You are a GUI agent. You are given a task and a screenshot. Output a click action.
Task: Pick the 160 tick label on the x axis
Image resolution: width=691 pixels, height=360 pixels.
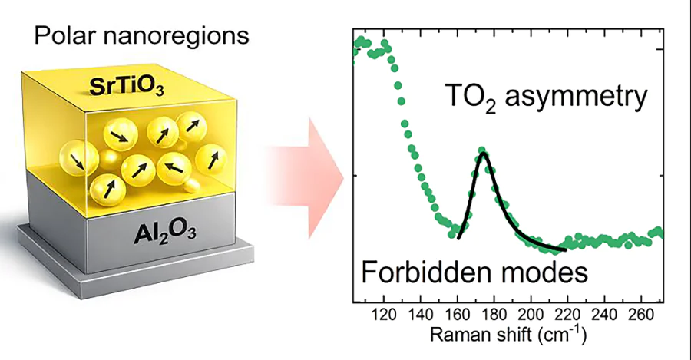coord(456,315)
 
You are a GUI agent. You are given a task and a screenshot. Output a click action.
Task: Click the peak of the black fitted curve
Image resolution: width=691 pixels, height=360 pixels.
coord(483,154)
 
